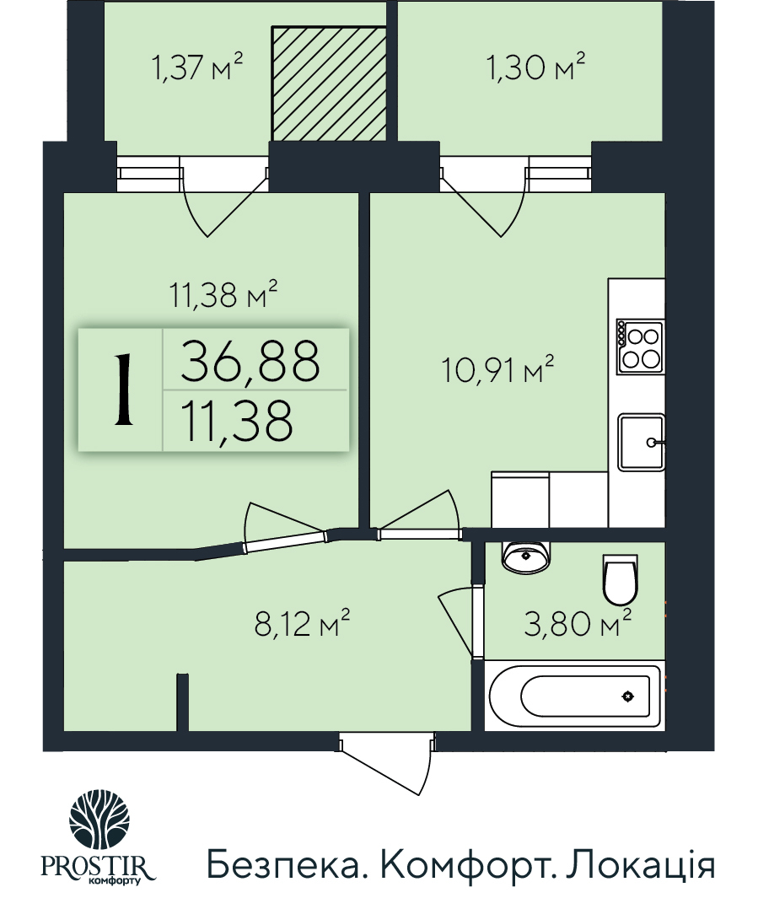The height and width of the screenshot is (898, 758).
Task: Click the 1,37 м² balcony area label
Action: [x=197, y=67]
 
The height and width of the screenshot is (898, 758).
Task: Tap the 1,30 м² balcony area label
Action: [x=535, y=67]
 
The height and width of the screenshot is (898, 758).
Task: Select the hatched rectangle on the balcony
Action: [x=329, y=83]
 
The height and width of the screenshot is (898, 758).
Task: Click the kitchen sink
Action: [x=642, y=442]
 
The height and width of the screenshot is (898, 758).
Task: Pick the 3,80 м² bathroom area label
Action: [x=578, y=625]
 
